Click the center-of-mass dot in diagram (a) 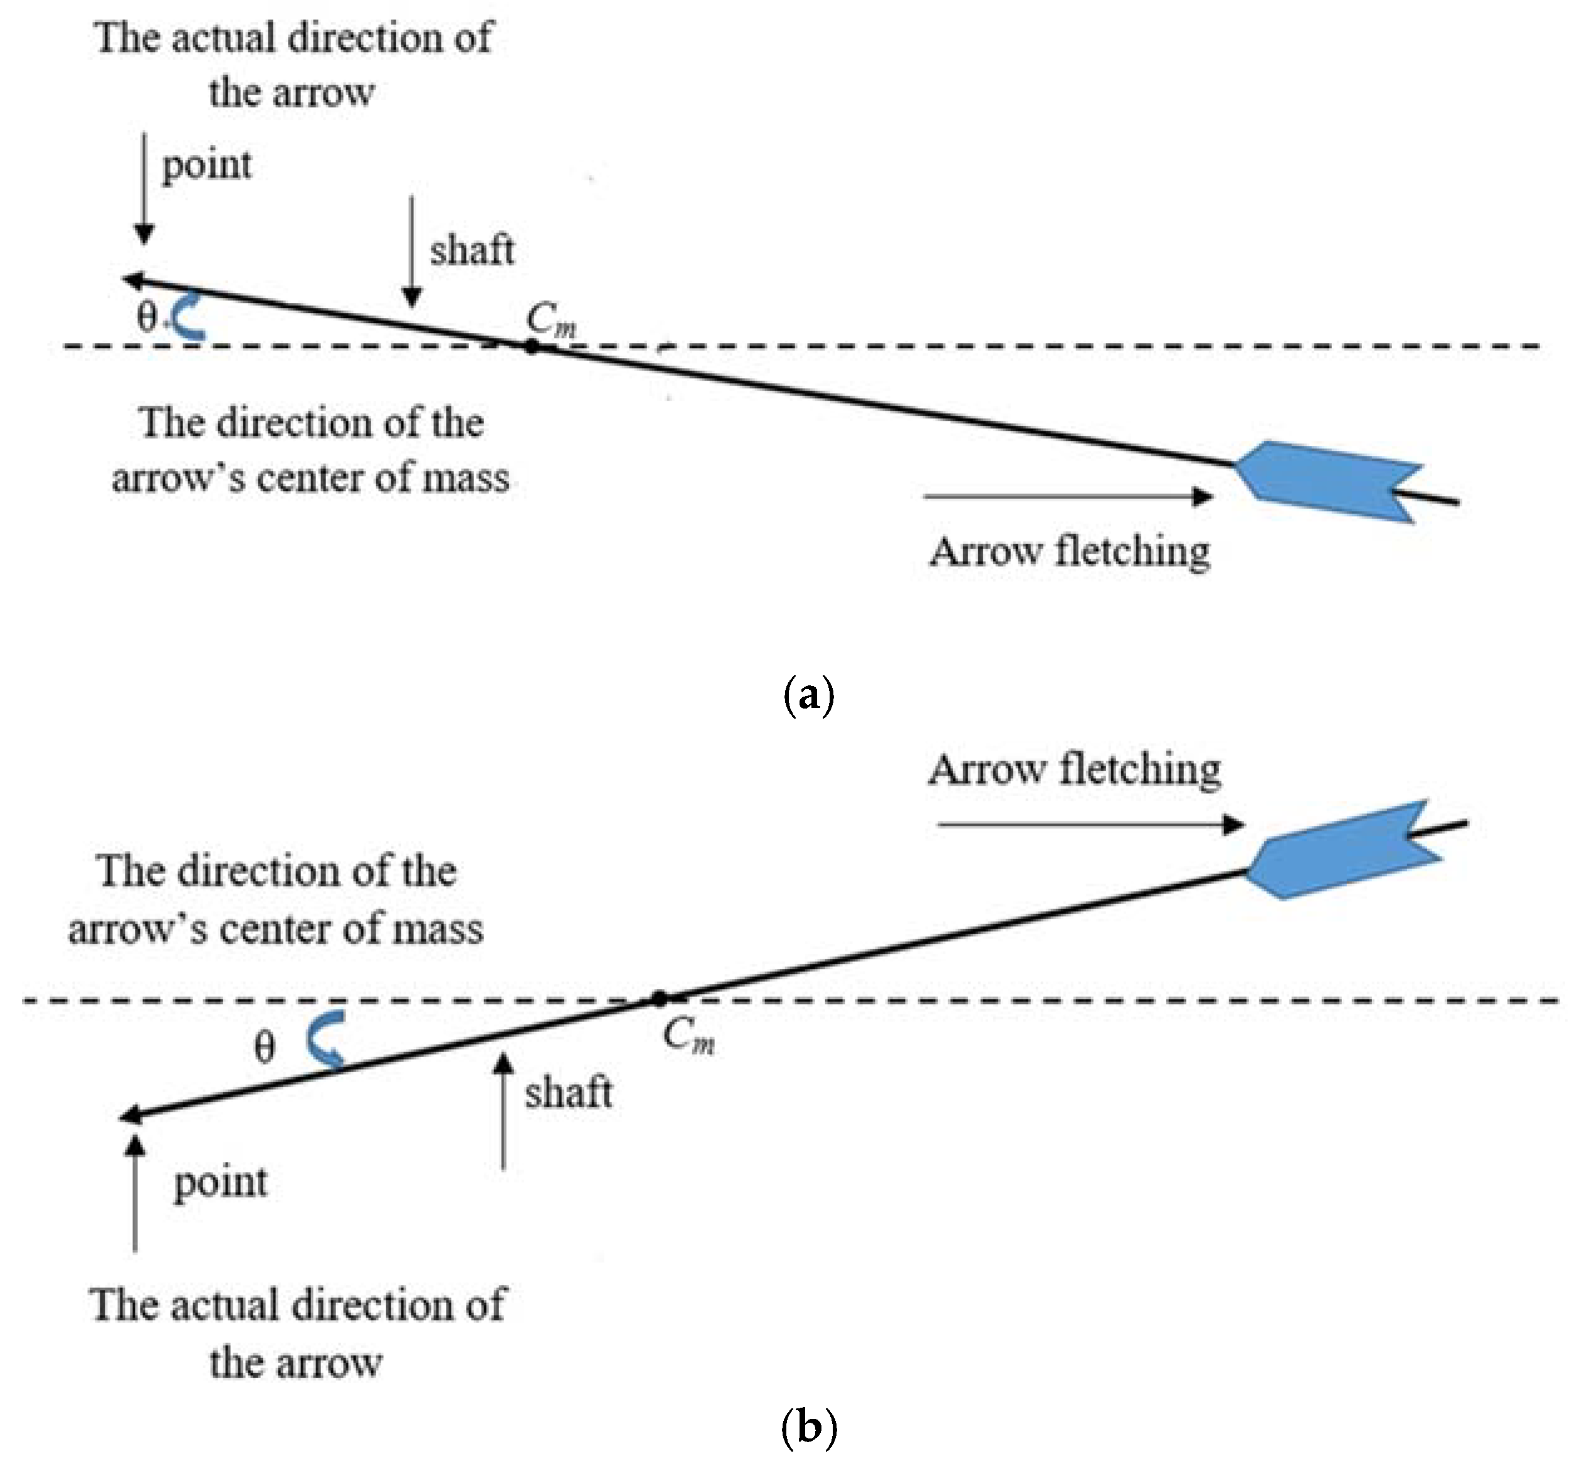pos(532,345)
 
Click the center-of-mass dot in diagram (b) pos(660,999)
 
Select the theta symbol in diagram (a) pos(146,318)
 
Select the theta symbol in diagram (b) pos(265,1048)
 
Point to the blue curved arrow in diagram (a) pos(188,316)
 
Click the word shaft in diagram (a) pos(472,251)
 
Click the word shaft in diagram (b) pos(568,1094)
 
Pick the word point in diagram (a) pos(206,166)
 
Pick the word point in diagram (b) pos(221,1183)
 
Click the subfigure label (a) pos(808,696)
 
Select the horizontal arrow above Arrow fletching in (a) pos(1067,497)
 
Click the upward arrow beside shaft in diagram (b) pos(503,1110)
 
